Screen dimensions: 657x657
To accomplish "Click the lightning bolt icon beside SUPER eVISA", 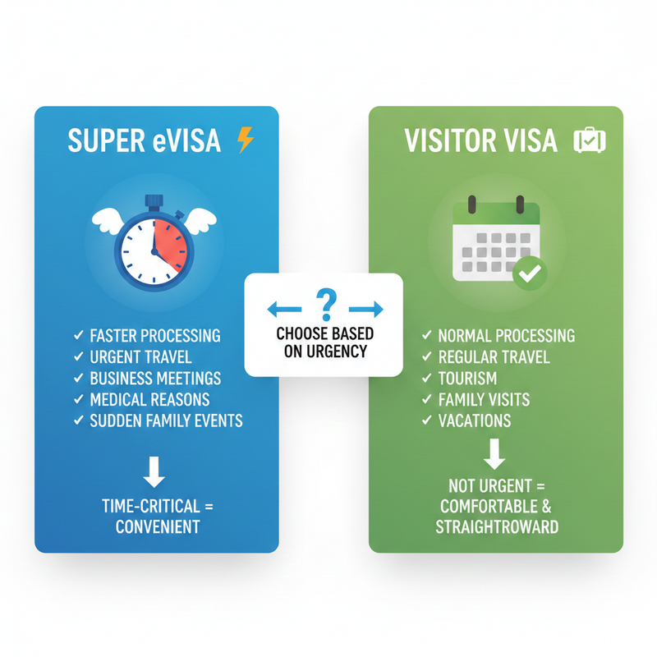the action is (245, 140).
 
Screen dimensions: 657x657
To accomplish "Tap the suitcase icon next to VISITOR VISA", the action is (590, 140).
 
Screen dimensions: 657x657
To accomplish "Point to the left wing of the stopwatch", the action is (108, 219).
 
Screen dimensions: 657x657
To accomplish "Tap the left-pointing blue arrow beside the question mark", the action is (285, 309).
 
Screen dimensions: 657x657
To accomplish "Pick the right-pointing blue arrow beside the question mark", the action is (366, 309).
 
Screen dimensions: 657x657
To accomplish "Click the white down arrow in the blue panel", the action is (154, 473).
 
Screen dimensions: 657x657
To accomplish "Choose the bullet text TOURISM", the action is (467, 379).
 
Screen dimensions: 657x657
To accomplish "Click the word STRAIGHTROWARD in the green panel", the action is (497, 526).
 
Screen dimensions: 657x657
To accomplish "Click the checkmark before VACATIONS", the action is (426, 421).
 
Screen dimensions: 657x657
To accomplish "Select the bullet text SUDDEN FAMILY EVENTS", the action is (167, 421).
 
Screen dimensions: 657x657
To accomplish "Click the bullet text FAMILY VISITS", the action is (484, 400).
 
